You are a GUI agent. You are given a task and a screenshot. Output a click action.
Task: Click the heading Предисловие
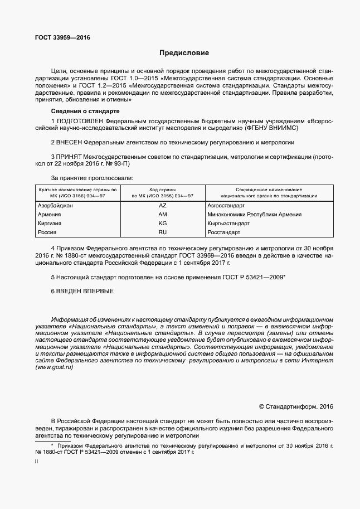click(x=184, y=54)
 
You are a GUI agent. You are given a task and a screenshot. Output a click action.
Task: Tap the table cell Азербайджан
click(x=56, y=205)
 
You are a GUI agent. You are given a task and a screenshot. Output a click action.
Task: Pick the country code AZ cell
click(x=163, y=205)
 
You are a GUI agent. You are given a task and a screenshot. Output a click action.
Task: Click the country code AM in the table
click(x=163, y=214)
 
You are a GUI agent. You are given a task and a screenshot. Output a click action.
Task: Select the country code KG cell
click(x=163, y=223)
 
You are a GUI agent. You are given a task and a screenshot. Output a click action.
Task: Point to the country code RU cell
click(x=163, y=232)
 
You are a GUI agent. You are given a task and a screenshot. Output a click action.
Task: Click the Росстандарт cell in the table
click(x=223, y=232)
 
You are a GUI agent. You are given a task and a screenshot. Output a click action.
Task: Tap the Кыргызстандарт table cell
click(x=228, y=223)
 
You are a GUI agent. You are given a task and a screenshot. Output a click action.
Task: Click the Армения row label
click(x=49, y=214)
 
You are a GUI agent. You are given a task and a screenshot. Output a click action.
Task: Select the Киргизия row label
click(x=49, y=223)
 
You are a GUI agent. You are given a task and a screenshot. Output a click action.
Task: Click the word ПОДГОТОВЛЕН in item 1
click(x=82, y=120)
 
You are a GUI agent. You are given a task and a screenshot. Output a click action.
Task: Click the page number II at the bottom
click(x=36, y=462)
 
